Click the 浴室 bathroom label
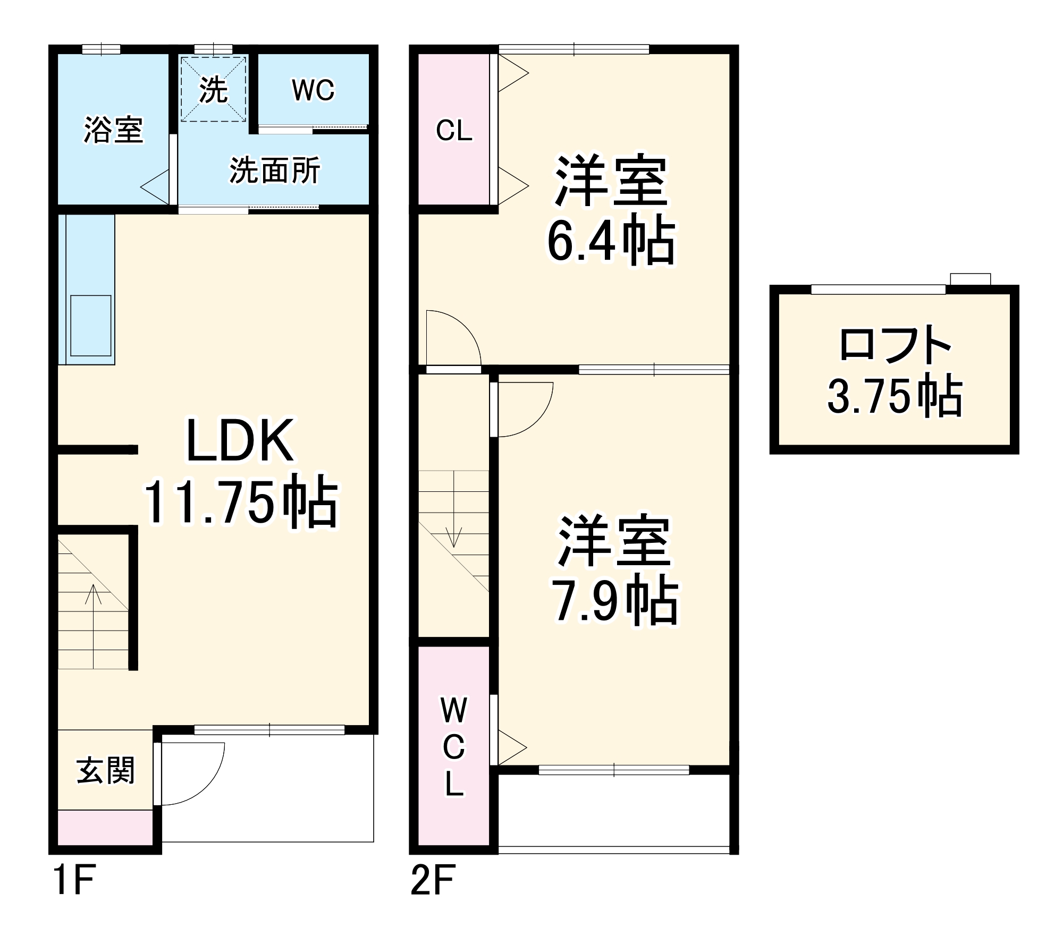pyautogui.click(x=113, y=130)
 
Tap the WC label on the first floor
pyautogui.click(x=313, y=90)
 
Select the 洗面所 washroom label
pyautogui.click(x=275, y=171)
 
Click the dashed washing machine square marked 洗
pyautogui.click(x=214, y=89)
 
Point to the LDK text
pyautogui.click(x=240, y=441)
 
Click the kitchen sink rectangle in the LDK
pyautogui.click(x=90, y=326)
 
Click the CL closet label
pyautogui.click(x=454, y=131)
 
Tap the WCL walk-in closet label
pyautogui.click(x=454, y=747)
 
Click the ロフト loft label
pyautogui.click(x=895, y=346)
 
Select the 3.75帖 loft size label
pyautogui.click(x=895, y=396)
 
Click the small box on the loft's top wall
pyautogui.click(x=971, y=279)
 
